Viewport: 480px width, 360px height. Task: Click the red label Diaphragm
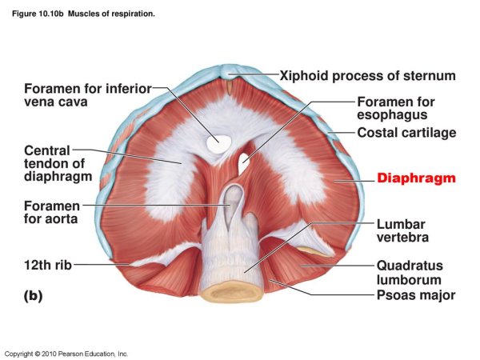click(415, 178)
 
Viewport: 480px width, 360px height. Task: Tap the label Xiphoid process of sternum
click(367, 76)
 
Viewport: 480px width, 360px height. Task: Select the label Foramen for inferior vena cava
click(88, 94)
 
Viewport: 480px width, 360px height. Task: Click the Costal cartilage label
click(406, 132)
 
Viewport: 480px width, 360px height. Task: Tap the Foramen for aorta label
click(50, 212)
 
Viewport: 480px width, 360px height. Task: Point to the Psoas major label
click(415, 295)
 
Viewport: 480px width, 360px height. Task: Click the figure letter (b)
click(33, 295)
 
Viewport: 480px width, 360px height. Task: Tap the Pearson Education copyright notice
click(66, 353)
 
